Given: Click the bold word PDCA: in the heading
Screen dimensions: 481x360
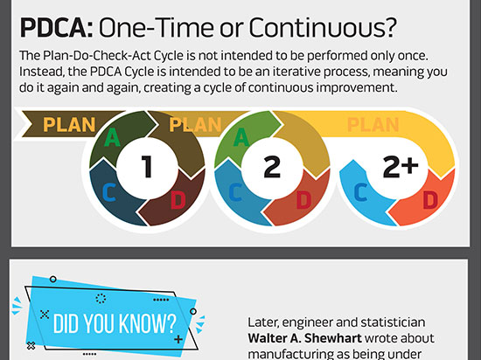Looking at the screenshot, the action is (56, 28).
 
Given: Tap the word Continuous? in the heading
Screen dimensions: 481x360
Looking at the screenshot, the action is (323, 28).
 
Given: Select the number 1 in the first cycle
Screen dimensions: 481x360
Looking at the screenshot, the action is (147, 166).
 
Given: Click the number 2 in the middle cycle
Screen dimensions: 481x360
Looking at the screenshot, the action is (272, 166).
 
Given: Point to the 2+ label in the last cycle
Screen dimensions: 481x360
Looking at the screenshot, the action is (401, 166).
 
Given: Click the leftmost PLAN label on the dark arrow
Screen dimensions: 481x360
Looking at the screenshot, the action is (69, 125).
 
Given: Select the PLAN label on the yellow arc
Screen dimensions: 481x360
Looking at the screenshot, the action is (373, 125).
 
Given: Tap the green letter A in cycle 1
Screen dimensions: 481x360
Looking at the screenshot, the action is (112, 137).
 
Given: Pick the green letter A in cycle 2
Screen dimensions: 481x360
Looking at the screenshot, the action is (241, 137).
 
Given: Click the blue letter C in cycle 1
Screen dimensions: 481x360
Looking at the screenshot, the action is (109, 192).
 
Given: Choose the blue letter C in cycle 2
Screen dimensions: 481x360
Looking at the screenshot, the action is (235, 192).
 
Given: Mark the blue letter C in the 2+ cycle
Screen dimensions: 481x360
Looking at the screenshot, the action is (360, 192).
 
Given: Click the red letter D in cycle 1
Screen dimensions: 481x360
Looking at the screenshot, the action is (178, 200).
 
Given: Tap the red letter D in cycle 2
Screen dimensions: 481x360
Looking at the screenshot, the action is (304, 200).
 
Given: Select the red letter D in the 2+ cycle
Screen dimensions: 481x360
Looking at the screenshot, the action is (430, 200).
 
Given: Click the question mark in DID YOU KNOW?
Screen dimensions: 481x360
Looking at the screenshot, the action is (171, 323).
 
